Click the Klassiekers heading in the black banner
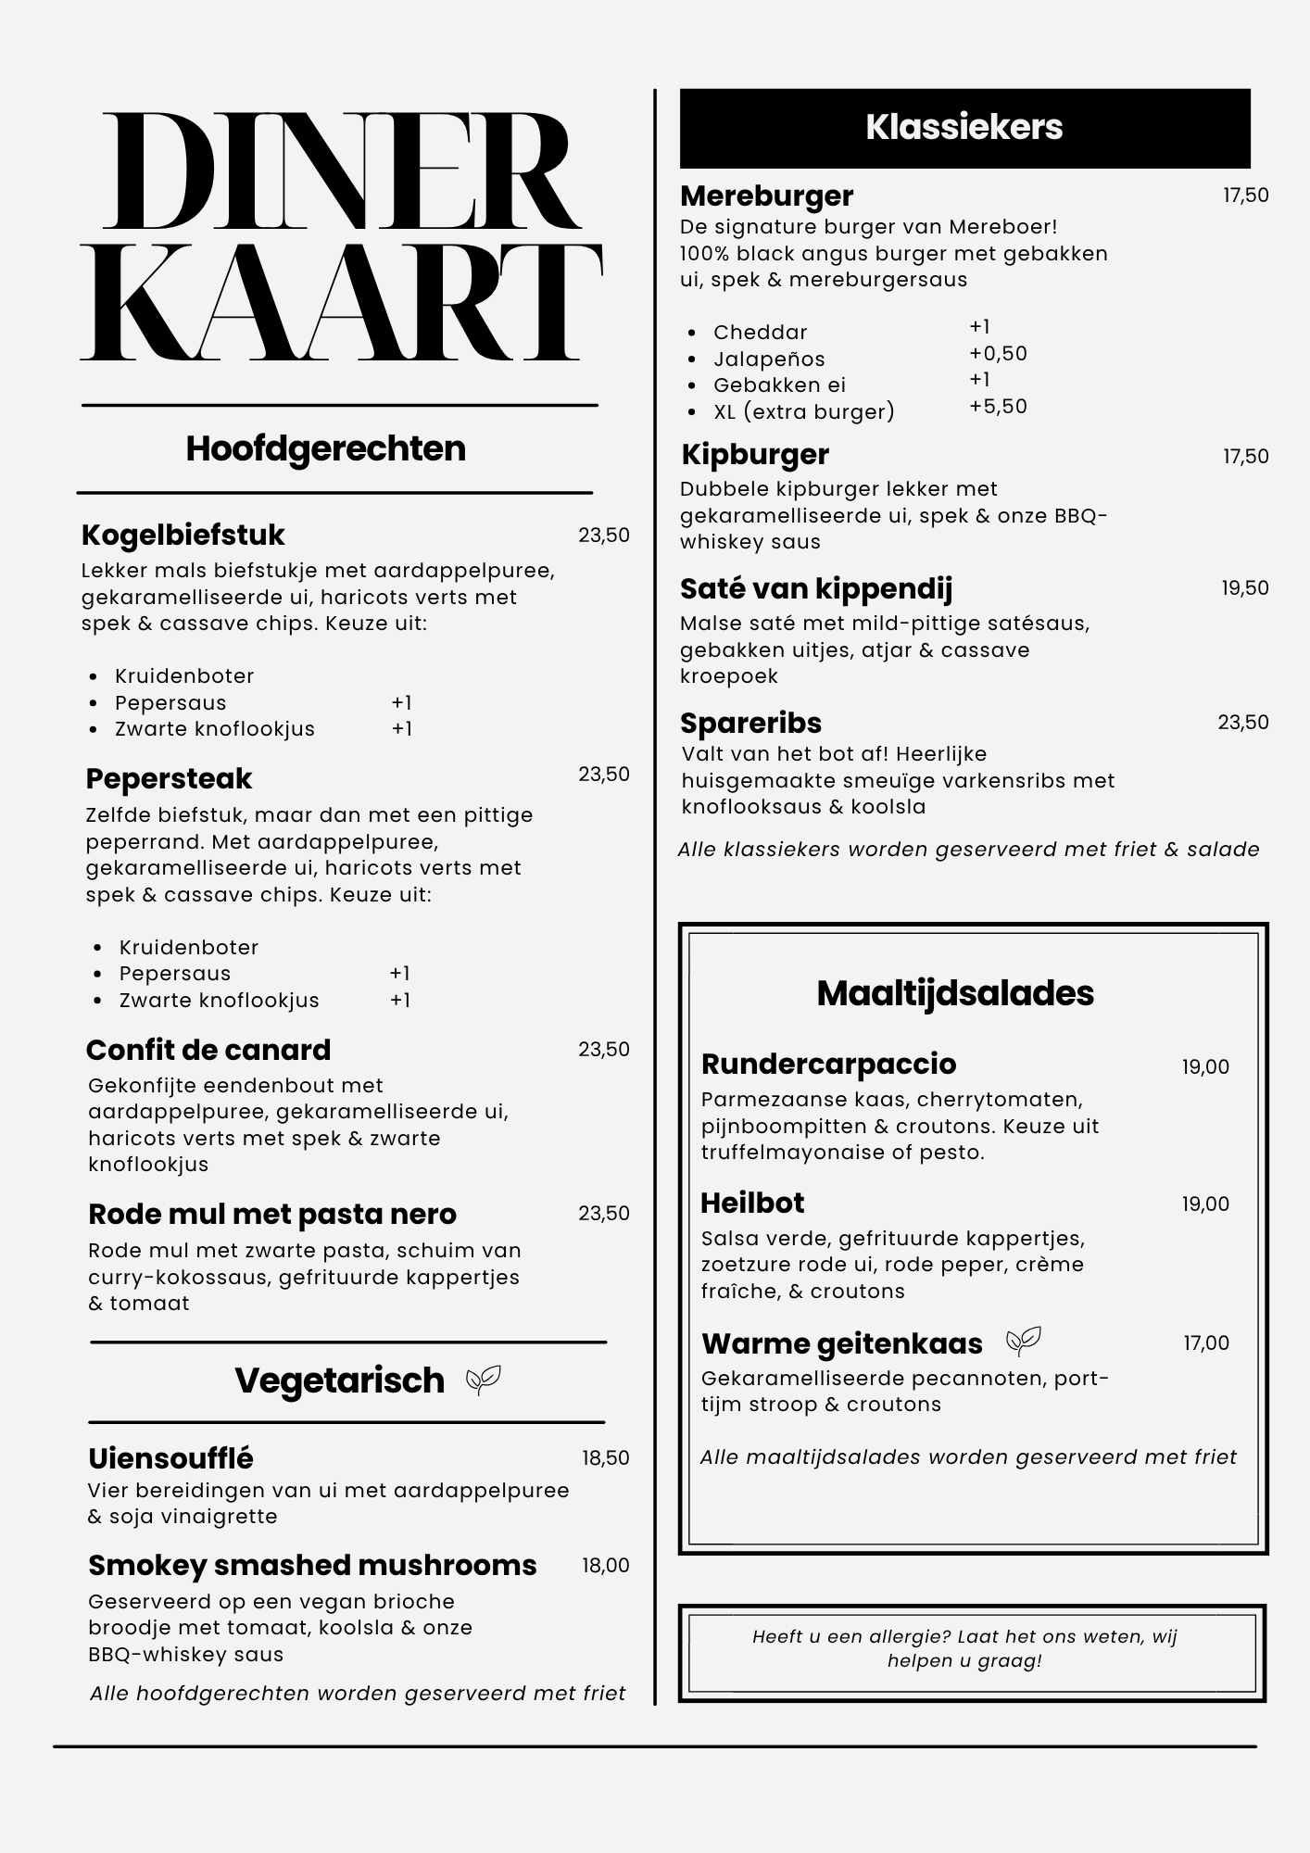[x=964, y=128]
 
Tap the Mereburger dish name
[x=766, y=196]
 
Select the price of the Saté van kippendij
[x=1244, y=588]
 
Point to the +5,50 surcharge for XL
[x=998, y=407]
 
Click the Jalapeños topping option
[x=769, y=359]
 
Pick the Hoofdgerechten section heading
[x=326, y=449]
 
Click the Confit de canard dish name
[x=208, y=1050]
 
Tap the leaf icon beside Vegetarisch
[x=483, y=1380]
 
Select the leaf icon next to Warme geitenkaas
[x=1024, y=1341]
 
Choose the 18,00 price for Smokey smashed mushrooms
[x=605, y=1566]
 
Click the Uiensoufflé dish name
[x=170, y=1458]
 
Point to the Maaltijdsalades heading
[x=955, y=993]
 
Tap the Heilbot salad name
[x=752, y=1203]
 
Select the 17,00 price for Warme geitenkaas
[x=1205, y=1343]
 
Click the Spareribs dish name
[x=750, y=724]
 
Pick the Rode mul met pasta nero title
[x=272, y=1214]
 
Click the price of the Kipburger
[x=1245, y=457]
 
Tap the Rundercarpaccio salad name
[x=828, y=1065]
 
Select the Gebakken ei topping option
[x=779, y=385]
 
